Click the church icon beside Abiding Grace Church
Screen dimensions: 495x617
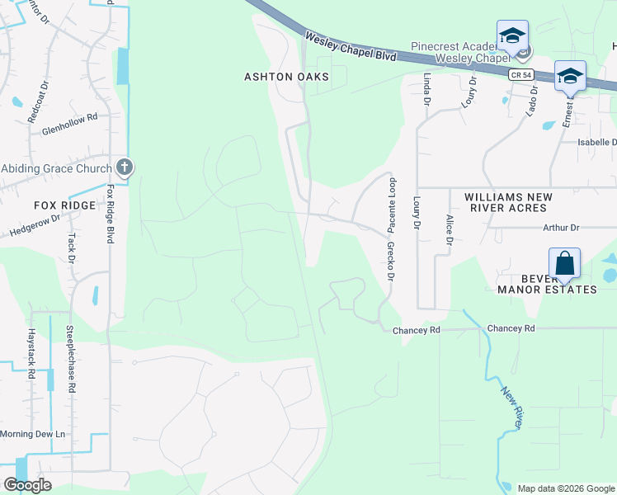pos(125,168)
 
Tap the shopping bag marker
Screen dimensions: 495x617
pos(565,264)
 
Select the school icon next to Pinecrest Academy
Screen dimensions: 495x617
pos(512,36)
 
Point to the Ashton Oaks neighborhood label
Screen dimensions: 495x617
pos(286,77)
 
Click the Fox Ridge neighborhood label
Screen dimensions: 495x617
pos(64,205)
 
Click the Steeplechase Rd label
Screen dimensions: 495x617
pos(73,358)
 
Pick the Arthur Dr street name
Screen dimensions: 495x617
pos(562,228)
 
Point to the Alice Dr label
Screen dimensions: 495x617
pos(450,229)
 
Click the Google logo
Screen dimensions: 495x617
pos(27,485)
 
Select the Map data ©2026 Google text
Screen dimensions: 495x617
pos(565,488)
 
